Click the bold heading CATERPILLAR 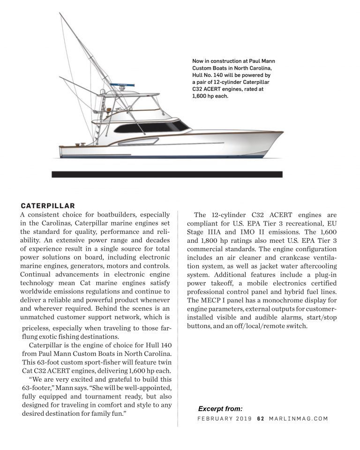tap(48, 205)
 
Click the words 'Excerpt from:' tap(220, 408)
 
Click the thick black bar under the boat tap(167, 174)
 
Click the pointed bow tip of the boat tap(282, 133)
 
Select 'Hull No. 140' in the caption tap(210, 75)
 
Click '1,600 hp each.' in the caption tap(210, 96)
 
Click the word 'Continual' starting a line tap(38, 275)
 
